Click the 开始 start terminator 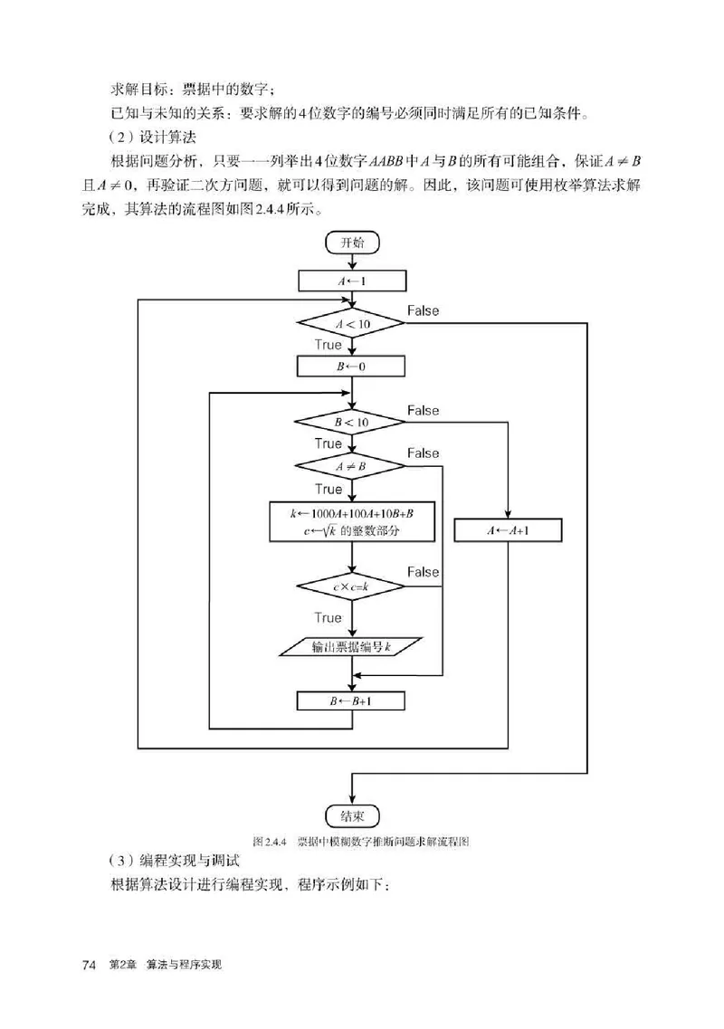point(352,243)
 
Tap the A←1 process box point(352,281)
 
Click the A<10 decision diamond point(352,324)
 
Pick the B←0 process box point(352,367)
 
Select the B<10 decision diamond point(352,422)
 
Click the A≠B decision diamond point(352,466)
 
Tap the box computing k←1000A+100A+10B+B point(352,522)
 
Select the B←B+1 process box point(352,701)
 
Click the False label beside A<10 point(423,310)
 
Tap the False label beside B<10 point(423,410)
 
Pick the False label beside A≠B point(423,453)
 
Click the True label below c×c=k point(328,618)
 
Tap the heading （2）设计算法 point(146,137)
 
